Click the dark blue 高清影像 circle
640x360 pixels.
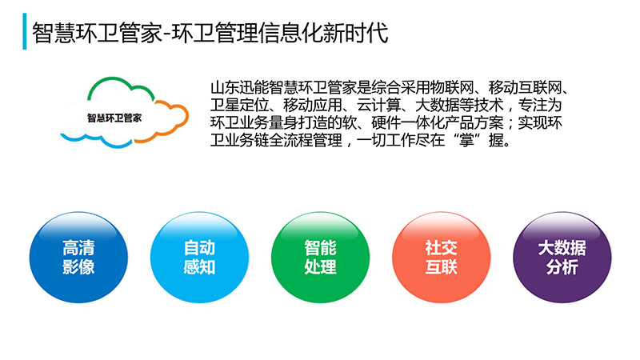(78, 257)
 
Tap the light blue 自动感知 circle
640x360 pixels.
(199, 257)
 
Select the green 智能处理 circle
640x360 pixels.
(321, 257)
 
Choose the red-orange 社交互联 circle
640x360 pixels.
(442, 257)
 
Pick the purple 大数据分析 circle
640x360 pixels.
(562, 257)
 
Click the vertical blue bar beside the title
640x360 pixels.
(25, 31)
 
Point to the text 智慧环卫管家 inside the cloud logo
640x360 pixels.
(114, 118)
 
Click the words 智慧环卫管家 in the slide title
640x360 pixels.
(98, 33)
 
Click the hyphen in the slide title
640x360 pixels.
(167, 34)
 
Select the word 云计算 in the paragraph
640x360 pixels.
(378, 105)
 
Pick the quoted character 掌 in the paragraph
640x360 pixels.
(466, 140)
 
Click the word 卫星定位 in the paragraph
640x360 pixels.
(239, 105)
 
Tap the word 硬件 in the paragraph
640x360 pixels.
(386, 122)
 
